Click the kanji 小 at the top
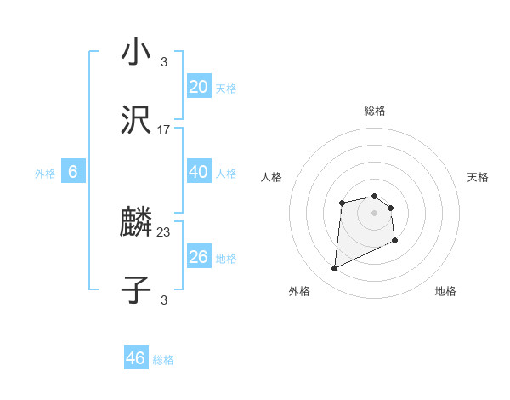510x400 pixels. [x=136, y=53]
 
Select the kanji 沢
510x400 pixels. [x=136, y=120]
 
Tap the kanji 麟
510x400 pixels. [x=136, y=223]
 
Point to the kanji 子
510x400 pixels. [x=136, y=290]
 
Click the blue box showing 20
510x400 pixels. [x=198, y=86]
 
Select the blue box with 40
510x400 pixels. [x=198, y=172]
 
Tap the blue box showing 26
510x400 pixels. [x=198, y=257]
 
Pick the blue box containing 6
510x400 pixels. [x=72, y=172]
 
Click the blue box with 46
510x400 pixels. [x=135, y=358]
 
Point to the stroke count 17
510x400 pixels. [x=164, y=130]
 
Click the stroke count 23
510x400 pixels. [x=164, y=232]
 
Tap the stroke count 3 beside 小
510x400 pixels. [x=164, y=61]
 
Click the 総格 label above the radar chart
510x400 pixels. [x=374, y=111]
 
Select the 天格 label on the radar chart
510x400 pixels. [x=478, y=177]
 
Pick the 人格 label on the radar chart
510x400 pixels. [x=272, y=177]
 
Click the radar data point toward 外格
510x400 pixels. [x=334, y=269]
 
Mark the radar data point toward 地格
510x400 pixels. [x=395, y=241]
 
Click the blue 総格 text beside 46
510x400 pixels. [x=163, y=360]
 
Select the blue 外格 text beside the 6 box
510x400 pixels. [x=45, y=174]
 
